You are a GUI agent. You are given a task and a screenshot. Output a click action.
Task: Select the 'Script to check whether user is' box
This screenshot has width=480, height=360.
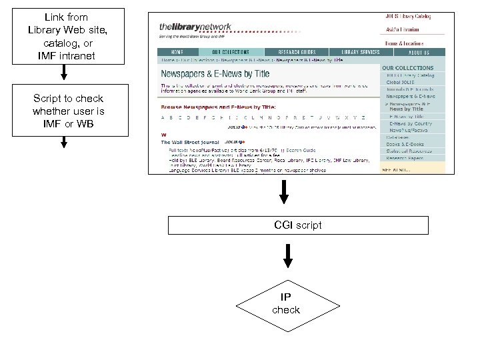[68, 111]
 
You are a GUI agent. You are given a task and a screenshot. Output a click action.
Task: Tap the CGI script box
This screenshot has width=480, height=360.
[297, 225]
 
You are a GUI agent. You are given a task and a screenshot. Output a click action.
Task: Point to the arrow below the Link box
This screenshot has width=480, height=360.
[63, 74]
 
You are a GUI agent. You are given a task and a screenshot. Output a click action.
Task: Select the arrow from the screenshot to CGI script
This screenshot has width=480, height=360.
[285, 192]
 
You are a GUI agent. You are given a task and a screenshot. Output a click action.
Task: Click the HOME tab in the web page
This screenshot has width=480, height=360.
[177, 52]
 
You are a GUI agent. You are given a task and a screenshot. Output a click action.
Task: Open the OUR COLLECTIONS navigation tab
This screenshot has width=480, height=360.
[230, 52]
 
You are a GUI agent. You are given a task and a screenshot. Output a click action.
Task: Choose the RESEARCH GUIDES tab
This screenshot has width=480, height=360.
[298, 52]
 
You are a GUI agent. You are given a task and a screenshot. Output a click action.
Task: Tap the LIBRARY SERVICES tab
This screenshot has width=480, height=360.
[361, 52]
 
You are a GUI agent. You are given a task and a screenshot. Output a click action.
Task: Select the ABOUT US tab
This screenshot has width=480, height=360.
[418, 52]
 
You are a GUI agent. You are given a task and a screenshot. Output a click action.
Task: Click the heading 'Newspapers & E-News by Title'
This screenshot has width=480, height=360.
[215, 74]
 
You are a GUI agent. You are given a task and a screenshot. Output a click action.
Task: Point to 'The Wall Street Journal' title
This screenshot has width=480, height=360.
[191, 142]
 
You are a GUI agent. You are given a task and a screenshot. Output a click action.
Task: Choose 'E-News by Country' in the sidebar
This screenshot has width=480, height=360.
[411, 123]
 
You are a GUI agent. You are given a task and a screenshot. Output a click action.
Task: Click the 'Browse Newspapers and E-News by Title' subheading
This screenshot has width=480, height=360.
[218, 107]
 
